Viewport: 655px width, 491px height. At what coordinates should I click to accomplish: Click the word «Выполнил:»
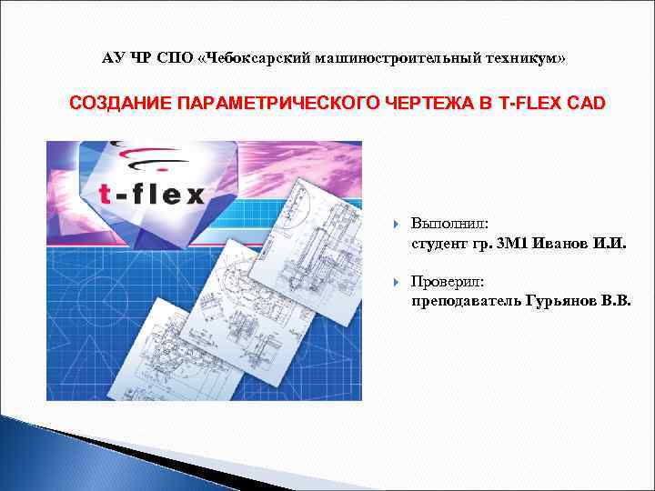point(449,224)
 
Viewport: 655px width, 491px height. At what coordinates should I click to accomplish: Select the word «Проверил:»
point(448,281)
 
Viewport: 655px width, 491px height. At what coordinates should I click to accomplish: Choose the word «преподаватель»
point(466,300)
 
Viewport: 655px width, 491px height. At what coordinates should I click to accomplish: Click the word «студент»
point(439,243)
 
